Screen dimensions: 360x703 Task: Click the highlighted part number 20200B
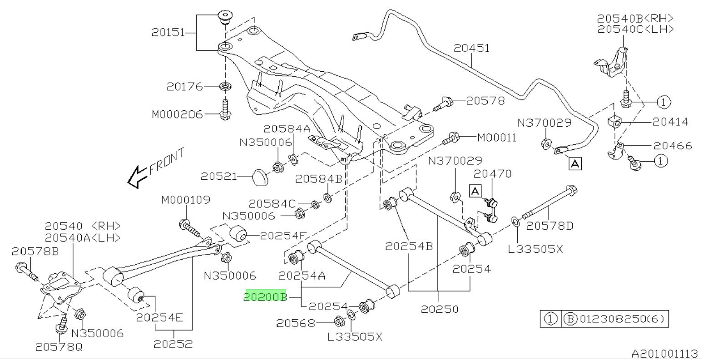[266, 296]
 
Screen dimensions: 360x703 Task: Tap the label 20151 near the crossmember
[168, 33]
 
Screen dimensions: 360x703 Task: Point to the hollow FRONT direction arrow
[137, 177]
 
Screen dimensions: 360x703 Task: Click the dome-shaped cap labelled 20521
[260, 176]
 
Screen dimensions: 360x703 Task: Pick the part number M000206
[177, 114]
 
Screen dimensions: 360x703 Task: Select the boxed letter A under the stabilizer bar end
[575, 163]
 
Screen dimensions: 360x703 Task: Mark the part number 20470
[493, 173]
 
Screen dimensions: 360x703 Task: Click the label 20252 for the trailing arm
[173, 344]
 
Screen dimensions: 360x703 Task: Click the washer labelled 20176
[224, 86]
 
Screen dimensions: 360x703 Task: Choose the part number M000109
[186, 200]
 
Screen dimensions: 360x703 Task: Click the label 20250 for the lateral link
[439, 309]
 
